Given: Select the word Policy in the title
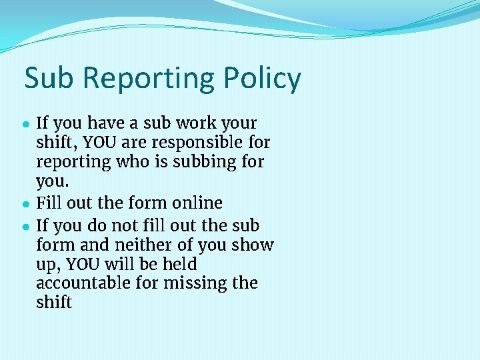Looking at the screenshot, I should [263, 79].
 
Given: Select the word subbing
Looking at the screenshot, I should [198, 162].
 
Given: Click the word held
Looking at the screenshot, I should [178, 264].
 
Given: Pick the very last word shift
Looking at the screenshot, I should [54, 302].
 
